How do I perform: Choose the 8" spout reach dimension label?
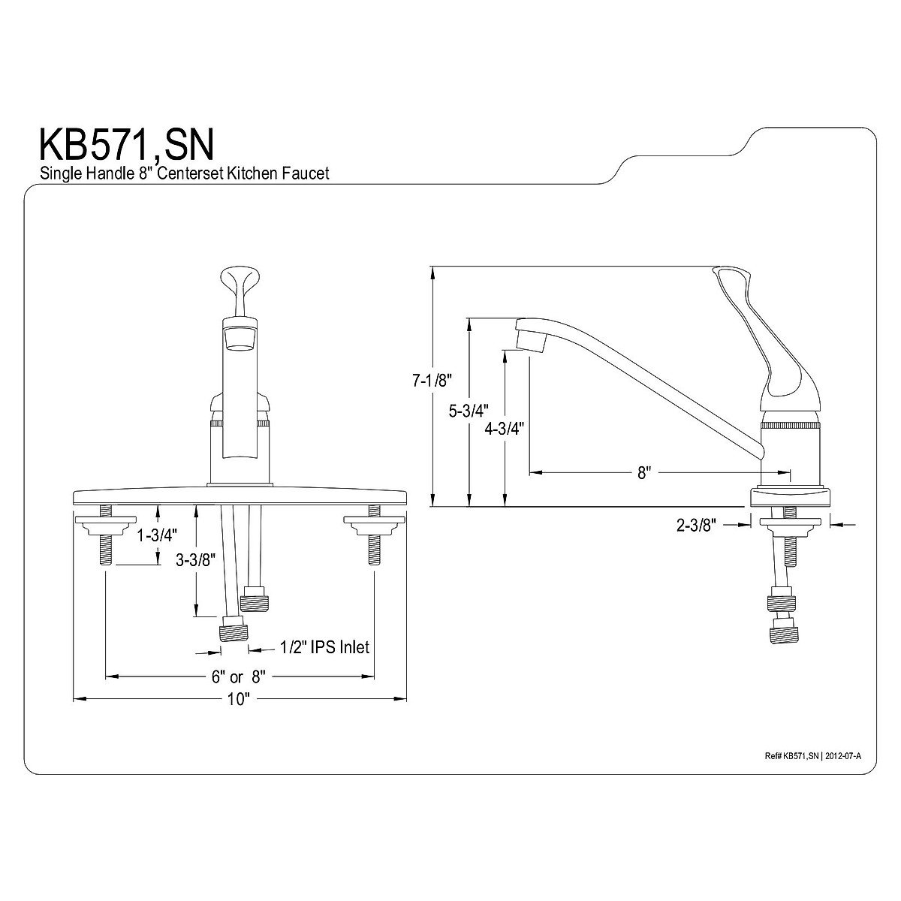(643, 472)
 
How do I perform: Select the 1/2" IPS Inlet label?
(325, 646)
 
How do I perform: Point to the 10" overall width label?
(238, 700)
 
